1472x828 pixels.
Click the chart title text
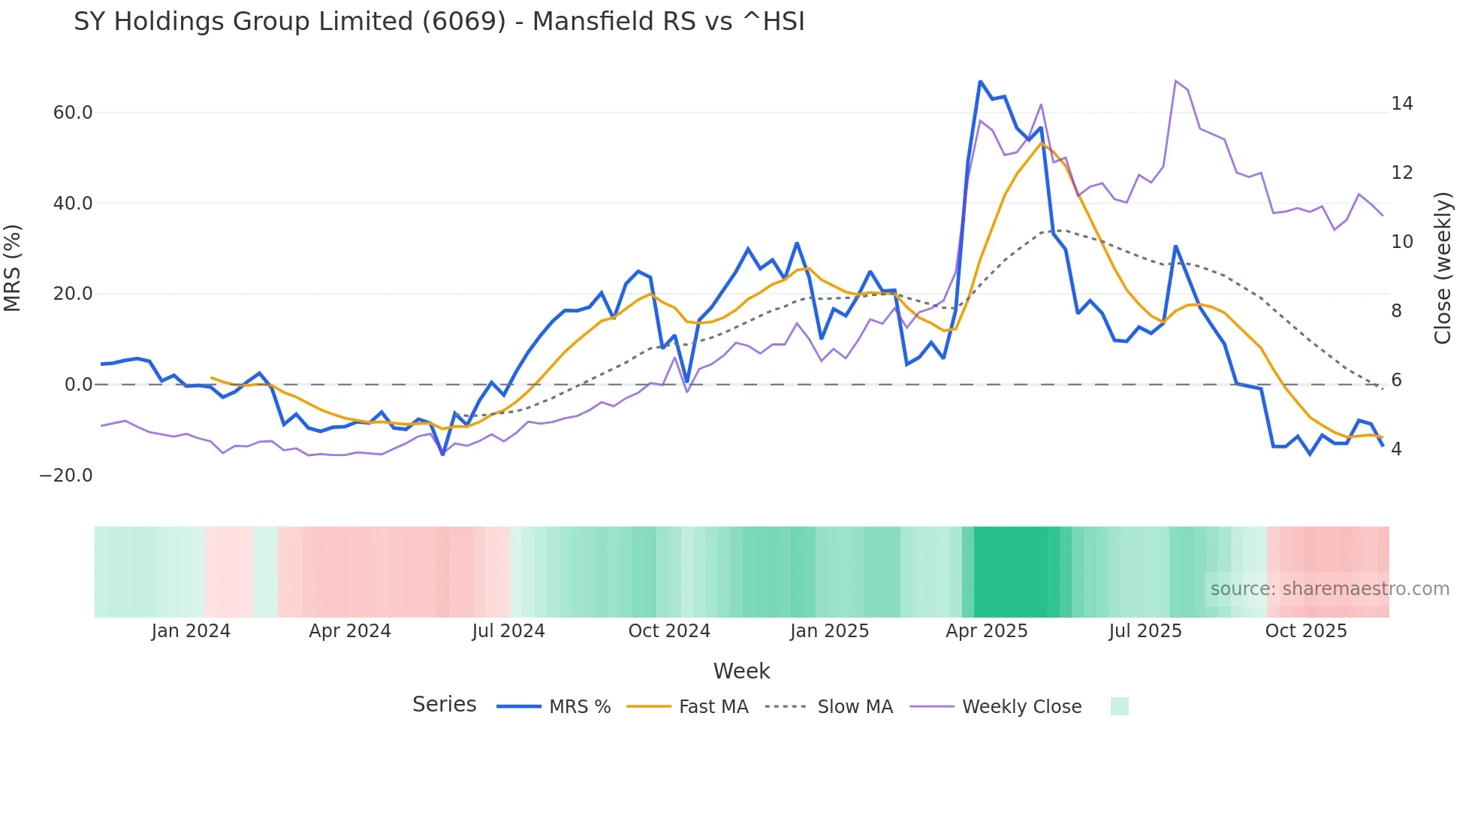click(x=439, y=22)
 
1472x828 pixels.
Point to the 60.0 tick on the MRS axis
click(x=73, y=113)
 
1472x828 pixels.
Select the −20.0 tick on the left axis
click(x=66, y=476)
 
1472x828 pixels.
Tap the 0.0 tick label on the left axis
click(x=79, y=385)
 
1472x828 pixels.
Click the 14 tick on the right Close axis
click(x=1401, y=104)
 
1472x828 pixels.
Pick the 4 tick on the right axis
click(x=1396, y=449)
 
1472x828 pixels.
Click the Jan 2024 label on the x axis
click(x=191, y=631)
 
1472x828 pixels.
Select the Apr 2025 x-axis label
click(x=986, y=631)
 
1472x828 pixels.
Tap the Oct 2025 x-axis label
click(x=1306, y=631)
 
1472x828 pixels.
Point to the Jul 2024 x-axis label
click(x=508, y=631)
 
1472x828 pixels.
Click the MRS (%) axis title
click(x=13, y=267)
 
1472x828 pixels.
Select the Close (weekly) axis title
click(x=1443, y=268)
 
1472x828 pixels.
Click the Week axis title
click(x=741, y=671)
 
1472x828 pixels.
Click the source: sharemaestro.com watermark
click(x=1329, y=589)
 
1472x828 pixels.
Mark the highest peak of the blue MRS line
click(x=980, y=81)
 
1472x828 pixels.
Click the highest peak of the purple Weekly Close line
click(x=1175, y=80)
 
